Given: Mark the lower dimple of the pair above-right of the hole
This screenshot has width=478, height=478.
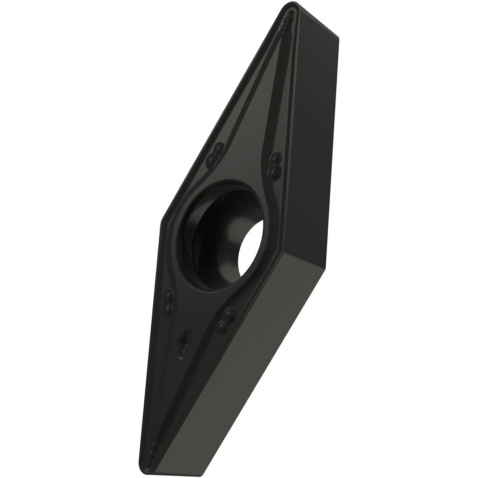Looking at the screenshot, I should (x=273, y=171).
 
